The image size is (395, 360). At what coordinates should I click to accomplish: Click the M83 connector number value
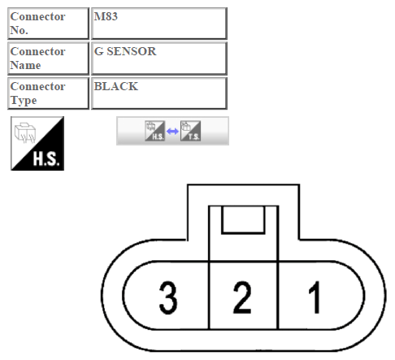click(x=106, y=16)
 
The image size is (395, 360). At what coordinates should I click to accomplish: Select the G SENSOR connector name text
click(x=125, y=51)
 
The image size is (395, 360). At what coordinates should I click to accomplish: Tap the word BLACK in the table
click(x=116, y=86)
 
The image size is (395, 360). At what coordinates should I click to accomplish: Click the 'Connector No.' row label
click(x=37, y=24)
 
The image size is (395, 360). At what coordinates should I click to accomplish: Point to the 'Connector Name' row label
click(x=37, y=59)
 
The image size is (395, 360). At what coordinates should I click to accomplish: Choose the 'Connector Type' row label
click(x=37, y=93)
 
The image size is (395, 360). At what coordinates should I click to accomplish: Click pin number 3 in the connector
click(x=168, y=297)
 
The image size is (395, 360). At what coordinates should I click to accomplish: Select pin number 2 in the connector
click(x=242, y=297)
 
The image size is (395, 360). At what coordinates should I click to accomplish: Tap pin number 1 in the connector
click(x=315, y=297)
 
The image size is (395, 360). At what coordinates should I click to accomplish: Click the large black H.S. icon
click(x=37, y=144)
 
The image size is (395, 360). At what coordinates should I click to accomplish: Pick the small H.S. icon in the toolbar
click(x=154, y=131)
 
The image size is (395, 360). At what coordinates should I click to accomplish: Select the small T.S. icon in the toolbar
click(x=191, y=131)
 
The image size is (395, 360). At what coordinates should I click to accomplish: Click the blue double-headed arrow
click(x=172, y=132)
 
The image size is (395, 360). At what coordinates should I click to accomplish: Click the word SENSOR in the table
click(x=132, y=51)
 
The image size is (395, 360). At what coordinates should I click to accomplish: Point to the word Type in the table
click(x=24, y=101)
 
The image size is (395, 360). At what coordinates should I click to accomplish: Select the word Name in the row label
click(x=25, y=65)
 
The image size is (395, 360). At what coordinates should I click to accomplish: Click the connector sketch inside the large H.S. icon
click(x=25, y=132)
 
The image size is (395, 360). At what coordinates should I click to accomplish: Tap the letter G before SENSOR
click(x=98, y=51)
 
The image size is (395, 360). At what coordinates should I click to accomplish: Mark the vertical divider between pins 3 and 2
click(x=209, y=295)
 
